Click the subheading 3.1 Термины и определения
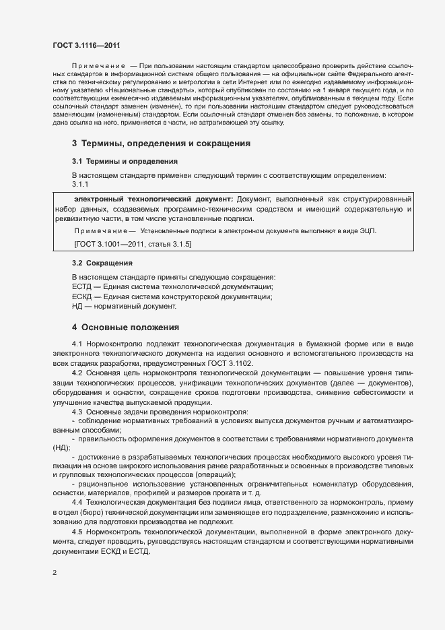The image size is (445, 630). pos(125,162)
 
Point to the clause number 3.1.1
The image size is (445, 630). pos(80,185)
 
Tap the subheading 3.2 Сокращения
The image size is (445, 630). pos(102,263)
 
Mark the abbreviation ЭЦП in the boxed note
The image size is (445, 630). pos(368,231)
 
